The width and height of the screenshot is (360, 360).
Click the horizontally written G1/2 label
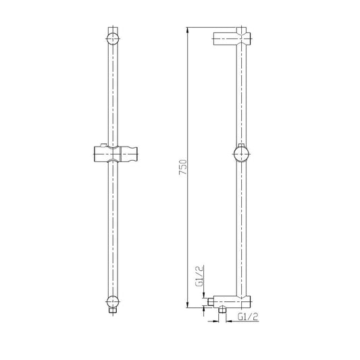(x=249, y=315)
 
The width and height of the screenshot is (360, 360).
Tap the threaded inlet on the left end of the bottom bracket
(x=211, y=300)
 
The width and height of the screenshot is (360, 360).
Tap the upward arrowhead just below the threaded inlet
(x=204, y=307)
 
